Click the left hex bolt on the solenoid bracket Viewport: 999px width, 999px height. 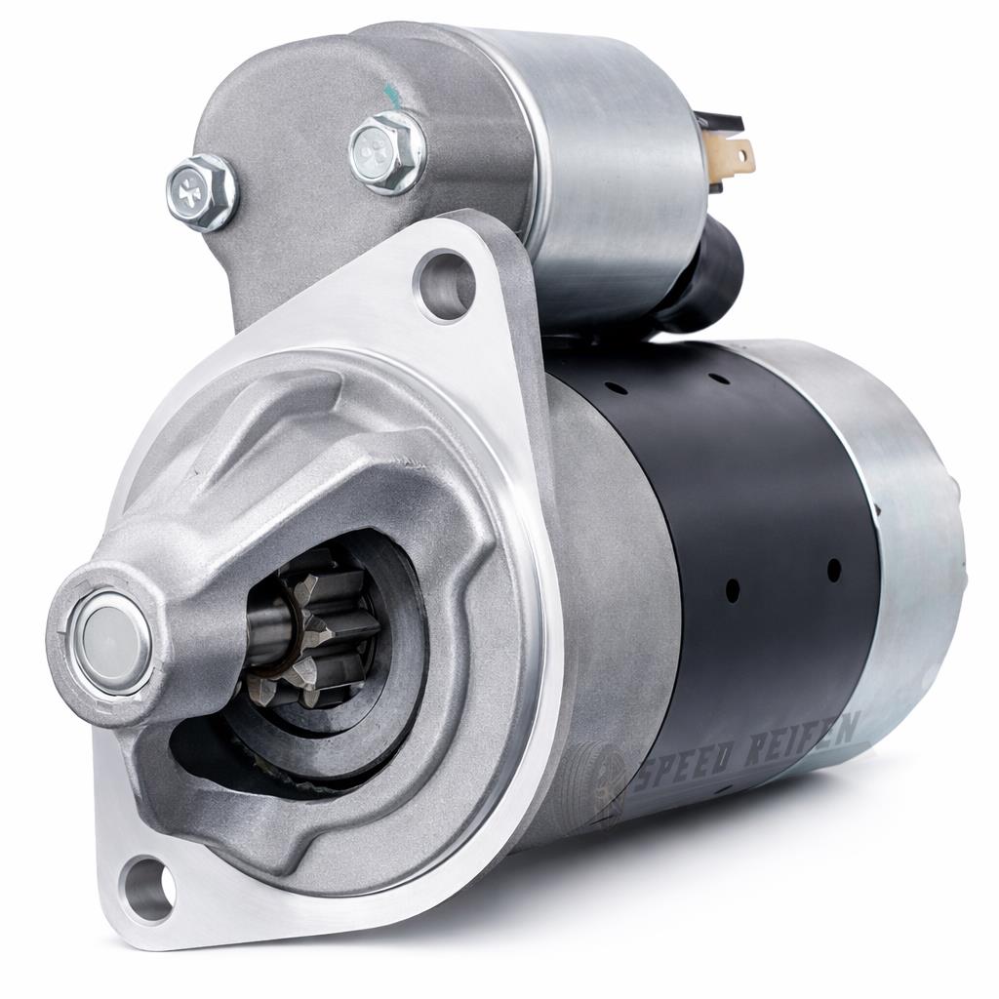coord(201,191)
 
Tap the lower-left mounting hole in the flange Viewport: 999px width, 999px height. coord(148,881)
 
